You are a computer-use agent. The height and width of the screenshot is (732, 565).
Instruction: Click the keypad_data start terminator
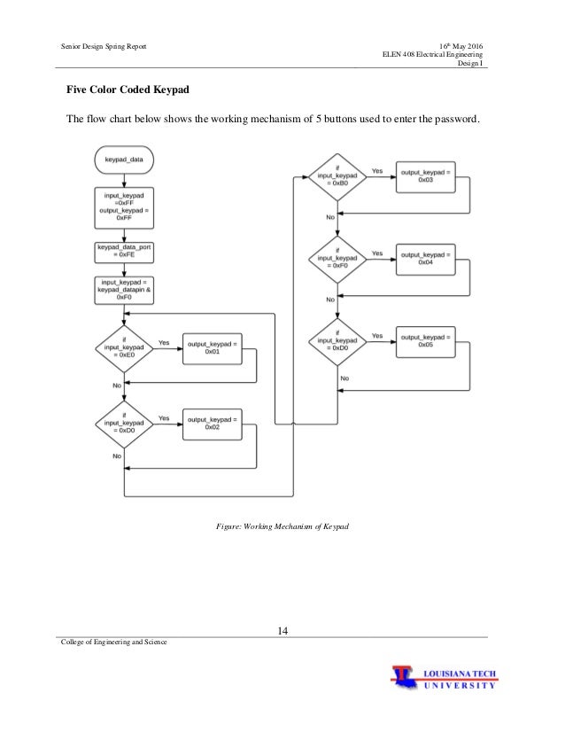(124, 160)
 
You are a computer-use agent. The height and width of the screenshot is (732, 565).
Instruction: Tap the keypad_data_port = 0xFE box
(124, 253)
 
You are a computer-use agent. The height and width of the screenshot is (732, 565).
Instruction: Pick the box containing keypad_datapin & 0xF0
(124, 290)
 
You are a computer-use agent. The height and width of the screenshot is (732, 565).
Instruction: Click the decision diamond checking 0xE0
(124, 350)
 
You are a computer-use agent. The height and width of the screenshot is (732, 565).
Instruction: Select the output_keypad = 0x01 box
(212, 348)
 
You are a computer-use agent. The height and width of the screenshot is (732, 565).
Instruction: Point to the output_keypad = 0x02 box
(212, 423)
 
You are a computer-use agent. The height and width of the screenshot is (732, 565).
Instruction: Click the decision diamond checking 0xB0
(337, 179)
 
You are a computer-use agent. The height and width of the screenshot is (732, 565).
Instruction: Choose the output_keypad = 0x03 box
(424, 177)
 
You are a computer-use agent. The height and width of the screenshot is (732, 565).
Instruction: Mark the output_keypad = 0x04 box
(424, 258)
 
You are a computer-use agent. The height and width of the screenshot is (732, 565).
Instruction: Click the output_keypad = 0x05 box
(424, 340)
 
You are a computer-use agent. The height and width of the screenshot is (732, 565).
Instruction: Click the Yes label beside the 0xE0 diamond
(165, 342)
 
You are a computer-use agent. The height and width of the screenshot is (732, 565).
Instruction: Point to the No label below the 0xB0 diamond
(329, 217)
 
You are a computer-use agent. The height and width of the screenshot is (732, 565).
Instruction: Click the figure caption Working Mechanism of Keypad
(282, 526)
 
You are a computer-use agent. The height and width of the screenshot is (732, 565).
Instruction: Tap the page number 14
(282, 630)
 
